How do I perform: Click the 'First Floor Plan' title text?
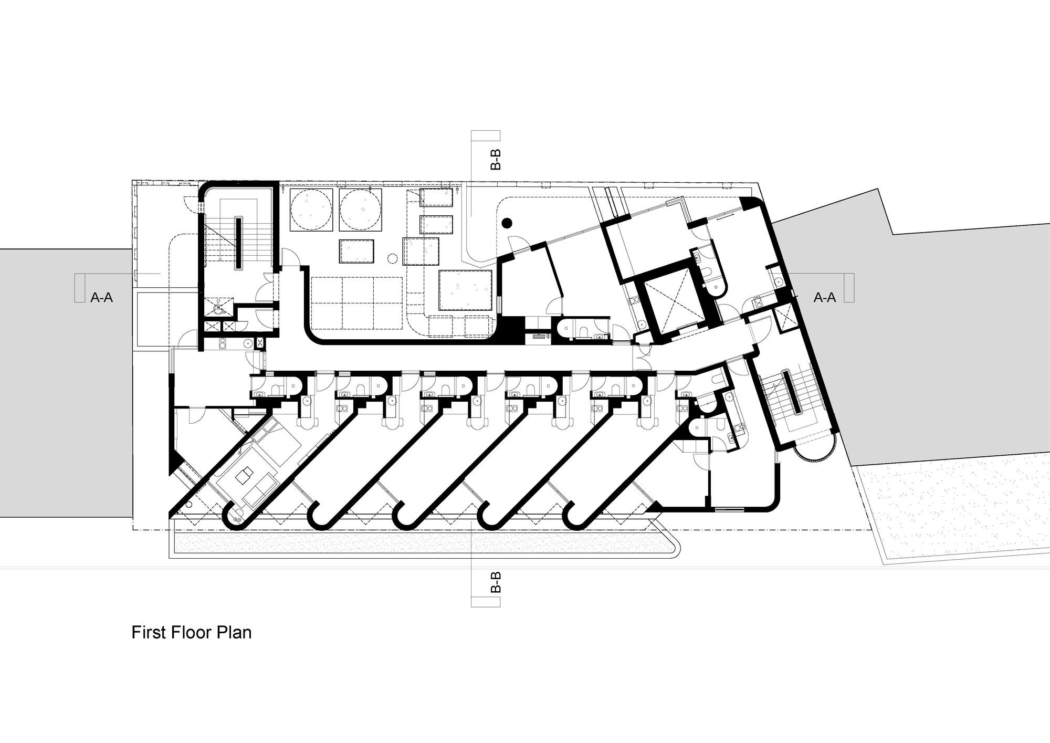point(191,633)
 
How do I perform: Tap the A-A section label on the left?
point(102,298)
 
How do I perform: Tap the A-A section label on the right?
point(824,298)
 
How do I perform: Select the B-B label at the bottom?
point(495,582)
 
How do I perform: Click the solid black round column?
point(507,223)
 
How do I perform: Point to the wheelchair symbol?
point(217,307)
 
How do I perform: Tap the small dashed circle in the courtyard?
point(392,258)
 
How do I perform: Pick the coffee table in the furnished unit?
point(243,476)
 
